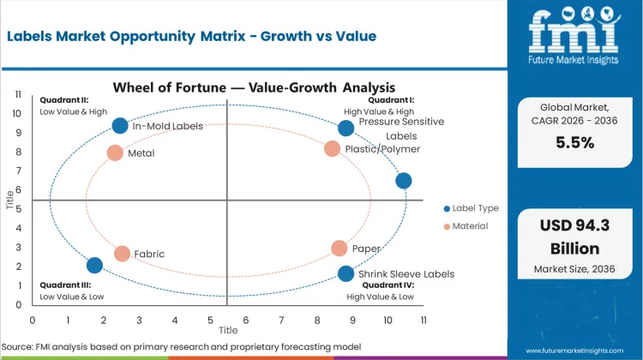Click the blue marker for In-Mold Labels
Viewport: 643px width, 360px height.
(x=120, y=126)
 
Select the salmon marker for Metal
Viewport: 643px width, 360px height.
(x=115, y=153)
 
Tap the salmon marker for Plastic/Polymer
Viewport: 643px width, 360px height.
(x=333, y=148)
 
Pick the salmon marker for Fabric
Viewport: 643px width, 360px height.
(x=122, y=254)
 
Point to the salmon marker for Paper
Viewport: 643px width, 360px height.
(x=340, y=249)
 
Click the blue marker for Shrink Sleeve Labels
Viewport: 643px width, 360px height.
(x=346, y=274)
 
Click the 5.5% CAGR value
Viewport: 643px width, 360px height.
(x=574, y=143)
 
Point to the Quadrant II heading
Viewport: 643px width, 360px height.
(x=63, y=99)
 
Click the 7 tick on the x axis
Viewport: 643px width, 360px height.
(x=281, y=319)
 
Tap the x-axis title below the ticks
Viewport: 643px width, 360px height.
(x=228, y=330)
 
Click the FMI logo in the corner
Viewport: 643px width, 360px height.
(x=573, y=32)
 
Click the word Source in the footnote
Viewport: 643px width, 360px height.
(x=23, y=346)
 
